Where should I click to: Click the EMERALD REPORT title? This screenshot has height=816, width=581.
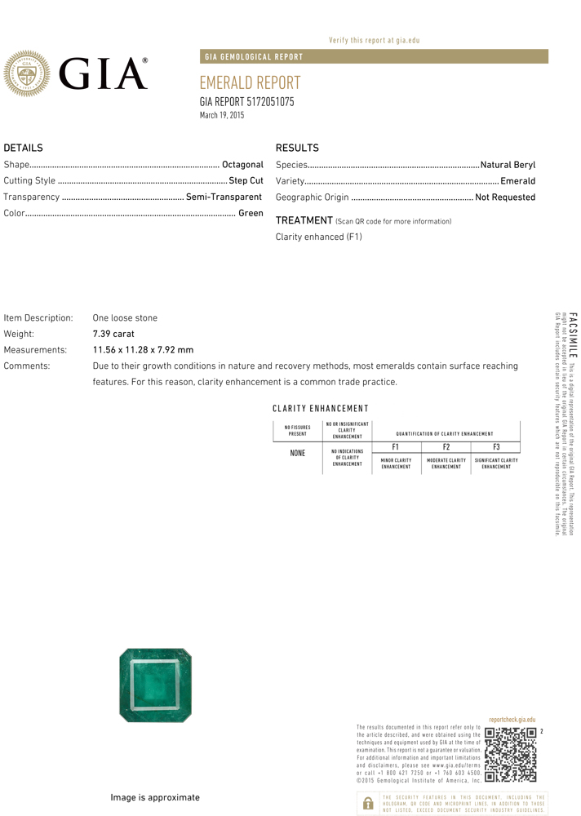pyautogui.click(x=250, y=83)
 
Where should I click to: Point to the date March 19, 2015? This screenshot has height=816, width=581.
pyautogui.click(x=222, y=116)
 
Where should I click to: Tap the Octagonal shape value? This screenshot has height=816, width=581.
pyautogui.click(x=242, y=165)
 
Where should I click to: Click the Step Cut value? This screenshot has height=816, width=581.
pyautogui.click(x=246, y=181)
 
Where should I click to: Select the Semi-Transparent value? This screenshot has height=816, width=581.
pyautogui.click(x=224, y=197)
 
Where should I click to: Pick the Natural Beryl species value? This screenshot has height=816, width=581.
pyautogui.click(x=508, y=165)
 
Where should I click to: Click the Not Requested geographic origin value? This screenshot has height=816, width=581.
pyautogui.click(x=505, y=197)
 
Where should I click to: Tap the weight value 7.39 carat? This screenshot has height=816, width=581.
pyautogui.click(x=113, y=334)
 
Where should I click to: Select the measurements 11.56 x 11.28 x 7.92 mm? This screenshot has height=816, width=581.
pyautogui.click(x=143, y=350)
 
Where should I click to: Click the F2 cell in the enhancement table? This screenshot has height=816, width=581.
pyautogui.click(x=446, y=447)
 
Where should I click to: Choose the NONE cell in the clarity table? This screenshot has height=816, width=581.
pyautogui.click(x=298, y=454)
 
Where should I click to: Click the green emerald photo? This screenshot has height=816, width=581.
pyautogui.click(x=156, y=685)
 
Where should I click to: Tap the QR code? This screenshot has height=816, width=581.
pyautogui.click(x=510, y=754)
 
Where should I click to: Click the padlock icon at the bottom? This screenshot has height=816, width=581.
pyautogui.click(x=368, y=803)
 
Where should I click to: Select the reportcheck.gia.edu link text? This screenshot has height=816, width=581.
pyautogui.click(x=512, y=720)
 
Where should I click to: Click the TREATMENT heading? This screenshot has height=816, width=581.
pyautogui.click(x=304, y=220)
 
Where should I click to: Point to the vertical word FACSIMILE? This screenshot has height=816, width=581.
pyautogui.click(x=572, y=334)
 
